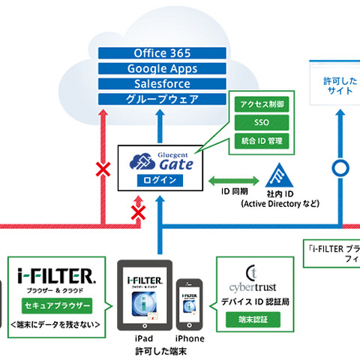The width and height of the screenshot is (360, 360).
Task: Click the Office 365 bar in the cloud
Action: click(162, 54)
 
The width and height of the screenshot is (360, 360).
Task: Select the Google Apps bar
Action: click(162, 69)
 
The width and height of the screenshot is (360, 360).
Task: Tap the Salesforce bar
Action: click(162, 84)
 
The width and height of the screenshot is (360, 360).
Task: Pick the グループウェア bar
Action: click(162, 99)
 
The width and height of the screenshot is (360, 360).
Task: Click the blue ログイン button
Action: click(162, 180)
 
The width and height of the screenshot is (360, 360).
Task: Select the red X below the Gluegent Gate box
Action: click(138, 214)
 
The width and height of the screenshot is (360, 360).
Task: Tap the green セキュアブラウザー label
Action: click(57, 307)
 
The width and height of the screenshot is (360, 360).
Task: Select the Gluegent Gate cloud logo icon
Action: click(141, 160)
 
